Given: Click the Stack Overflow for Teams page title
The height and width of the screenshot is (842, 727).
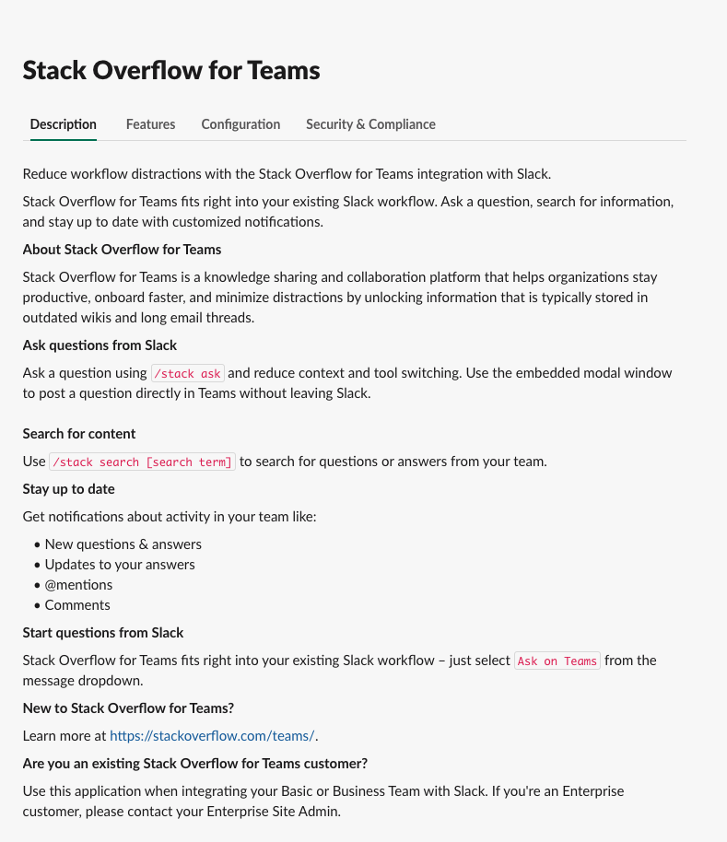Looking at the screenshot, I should point(171,70).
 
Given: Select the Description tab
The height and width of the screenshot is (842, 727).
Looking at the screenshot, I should point(63,124).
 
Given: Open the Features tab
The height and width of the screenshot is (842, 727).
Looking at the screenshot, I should point(150,124).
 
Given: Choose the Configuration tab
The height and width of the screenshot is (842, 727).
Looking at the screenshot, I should point(240,124).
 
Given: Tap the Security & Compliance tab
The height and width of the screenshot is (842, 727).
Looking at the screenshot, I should point(370,124).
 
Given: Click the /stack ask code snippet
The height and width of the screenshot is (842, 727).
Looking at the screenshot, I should point(187,373).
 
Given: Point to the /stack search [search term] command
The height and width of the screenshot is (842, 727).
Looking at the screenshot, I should point(143,462).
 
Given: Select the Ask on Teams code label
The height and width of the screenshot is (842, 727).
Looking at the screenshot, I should point(557,661).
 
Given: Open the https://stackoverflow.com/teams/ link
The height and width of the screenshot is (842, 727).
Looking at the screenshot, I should point(212,736).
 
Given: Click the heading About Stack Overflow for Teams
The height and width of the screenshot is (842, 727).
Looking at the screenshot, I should point(122,250).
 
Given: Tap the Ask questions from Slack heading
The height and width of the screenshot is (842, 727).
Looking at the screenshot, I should point(100,345).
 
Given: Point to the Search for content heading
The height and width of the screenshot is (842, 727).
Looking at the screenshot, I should point(79,434).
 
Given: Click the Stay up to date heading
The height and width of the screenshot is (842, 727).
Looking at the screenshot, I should point(69,489).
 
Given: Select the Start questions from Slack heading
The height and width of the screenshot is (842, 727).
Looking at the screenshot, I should point(103,633).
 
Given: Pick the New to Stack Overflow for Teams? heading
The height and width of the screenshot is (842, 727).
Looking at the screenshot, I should point(128,708).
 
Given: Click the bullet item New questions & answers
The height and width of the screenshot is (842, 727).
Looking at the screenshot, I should point(123,544).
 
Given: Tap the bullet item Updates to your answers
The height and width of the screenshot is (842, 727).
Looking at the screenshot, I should point(120,565).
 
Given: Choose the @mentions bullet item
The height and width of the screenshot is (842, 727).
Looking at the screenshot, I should point(78,585).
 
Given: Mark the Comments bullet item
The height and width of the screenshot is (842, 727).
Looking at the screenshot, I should point(77,605).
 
